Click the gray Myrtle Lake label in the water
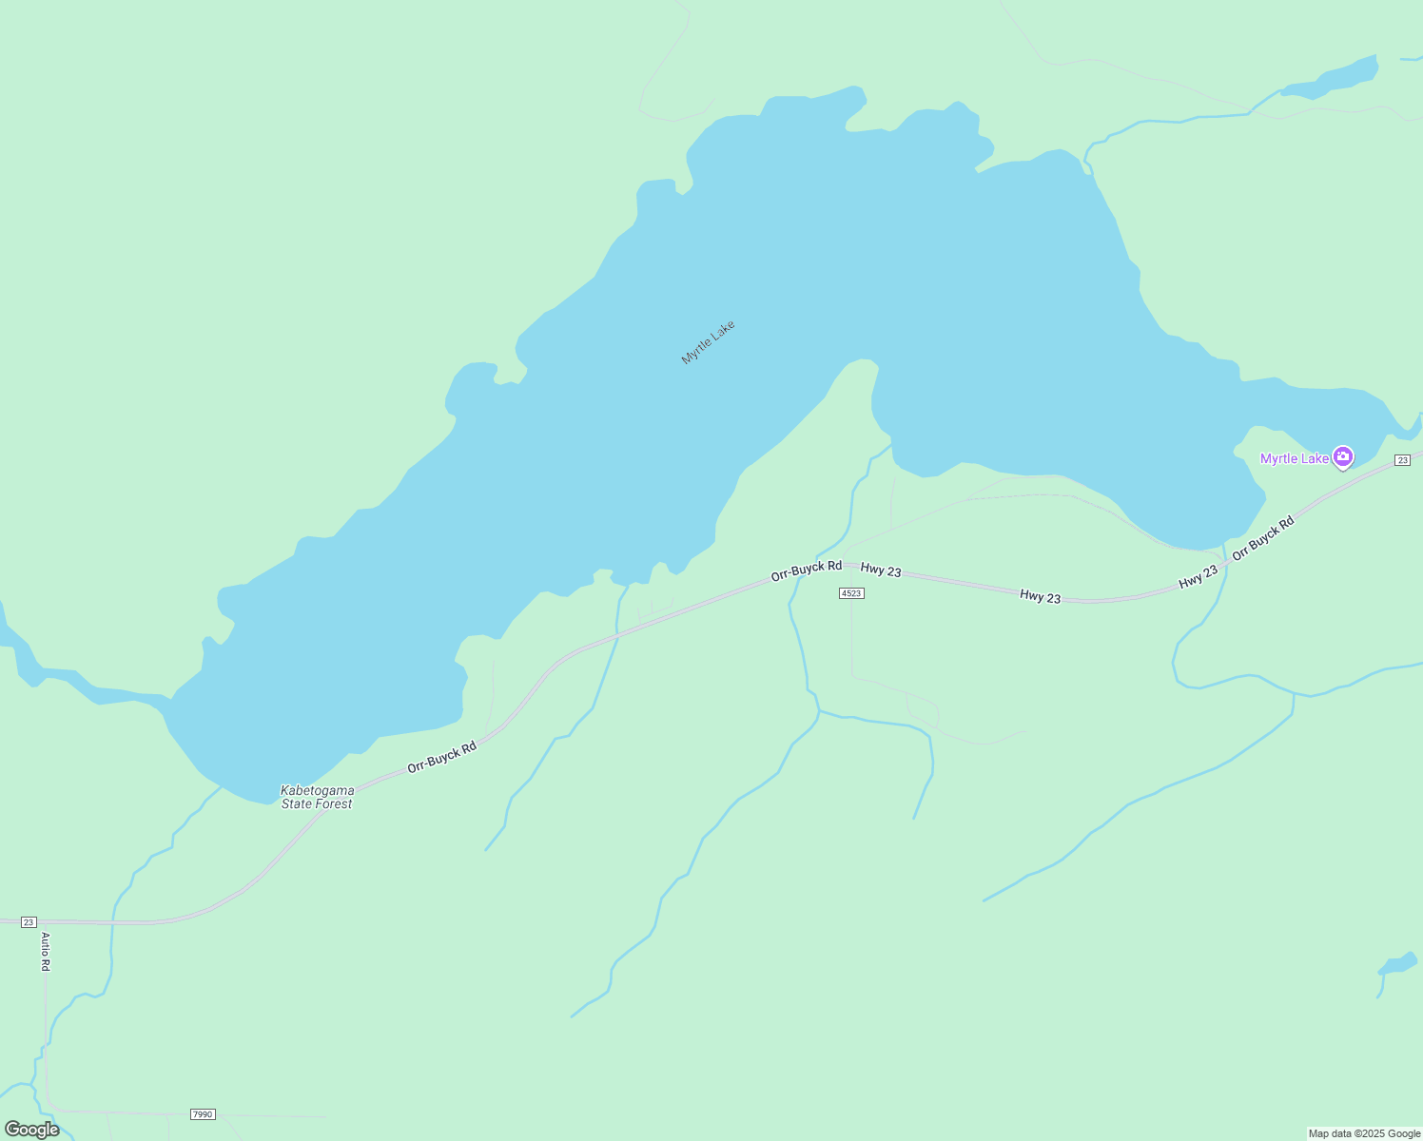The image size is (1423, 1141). point(708,342)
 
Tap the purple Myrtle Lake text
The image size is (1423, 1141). point(1294,458)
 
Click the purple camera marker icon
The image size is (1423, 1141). point(1342,457)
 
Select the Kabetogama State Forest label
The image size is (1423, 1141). point(317,797)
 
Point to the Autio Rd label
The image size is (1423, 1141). point(45,951)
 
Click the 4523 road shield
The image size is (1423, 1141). point(851,593)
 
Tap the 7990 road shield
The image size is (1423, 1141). point(203,1113)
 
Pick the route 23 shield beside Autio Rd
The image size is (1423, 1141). point(29,922)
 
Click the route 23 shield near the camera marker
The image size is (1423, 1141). point(1402,460)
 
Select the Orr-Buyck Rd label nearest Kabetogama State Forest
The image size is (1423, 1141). point(441,757)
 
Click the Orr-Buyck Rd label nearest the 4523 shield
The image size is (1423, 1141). point(806,570)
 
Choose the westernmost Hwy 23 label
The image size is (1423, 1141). point(880,570)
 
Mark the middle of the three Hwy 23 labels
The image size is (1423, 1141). point(1040,596)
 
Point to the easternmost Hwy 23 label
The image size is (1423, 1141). point(1198,576)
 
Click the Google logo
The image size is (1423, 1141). point(31,1130)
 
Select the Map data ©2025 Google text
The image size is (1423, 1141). point(1364,1133)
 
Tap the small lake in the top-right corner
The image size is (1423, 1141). point(1332,79)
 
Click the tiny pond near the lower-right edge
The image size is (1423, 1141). point(1399,965)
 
